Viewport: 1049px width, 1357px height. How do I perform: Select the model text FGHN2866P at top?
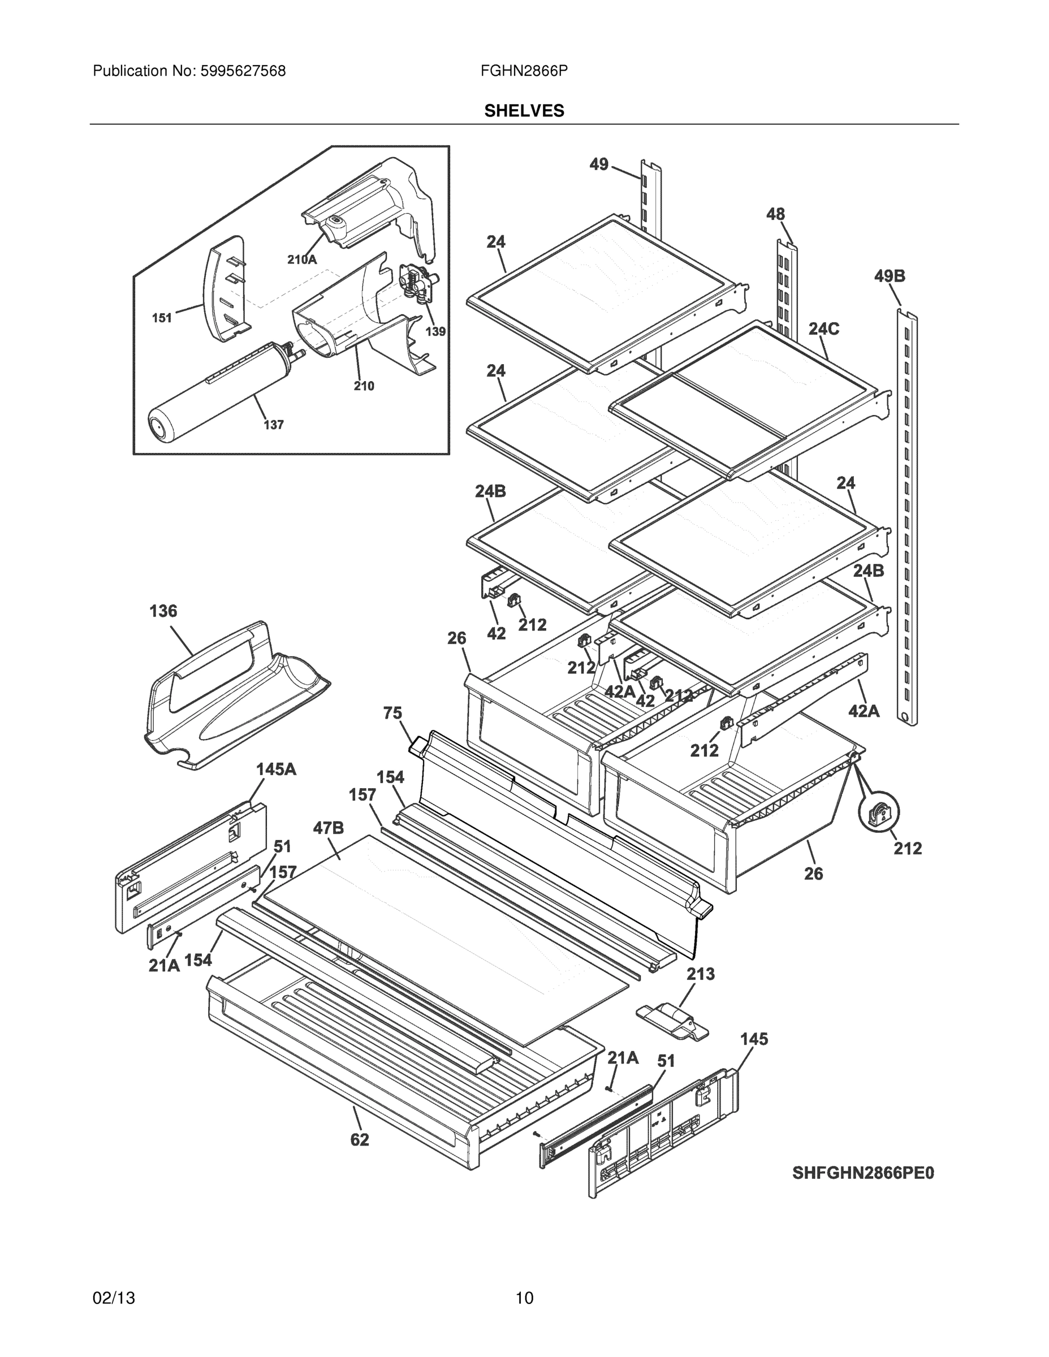click(523, 71)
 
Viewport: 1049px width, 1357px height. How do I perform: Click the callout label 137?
click(274, 425)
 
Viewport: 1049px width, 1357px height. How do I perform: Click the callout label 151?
click(162, 318)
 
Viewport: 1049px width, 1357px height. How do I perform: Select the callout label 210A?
click(302, 260)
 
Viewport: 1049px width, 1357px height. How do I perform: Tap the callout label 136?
click(163, 611)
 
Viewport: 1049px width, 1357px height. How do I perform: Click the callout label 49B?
click(890, 276)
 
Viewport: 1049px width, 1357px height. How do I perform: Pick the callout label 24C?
click(823, 329)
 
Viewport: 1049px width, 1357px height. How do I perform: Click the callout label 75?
click(393, 714)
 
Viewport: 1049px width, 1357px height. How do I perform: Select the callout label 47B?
click(328, 828)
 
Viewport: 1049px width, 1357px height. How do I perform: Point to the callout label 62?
click(359, 1139)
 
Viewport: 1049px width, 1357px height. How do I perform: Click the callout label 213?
click(700, 974)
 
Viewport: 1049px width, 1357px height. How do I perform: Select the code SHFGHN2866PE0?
click(863, 1173)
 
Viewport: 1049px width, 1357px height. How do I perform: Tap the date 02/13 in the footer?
click(114, 1298)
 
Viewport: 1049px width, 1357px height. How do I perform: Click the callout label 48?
click(775, 214)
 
